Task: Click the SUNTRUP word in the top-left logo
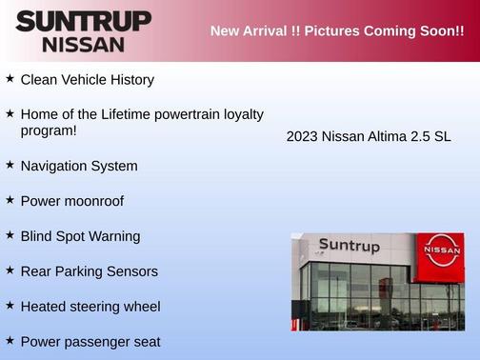click(x=83, y=21)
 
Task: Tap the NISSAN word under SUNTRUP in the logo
click(x=83, y=44)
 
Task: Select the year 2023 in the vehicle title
click(x=303, y=137)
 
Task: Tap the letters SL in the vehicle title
click(x=442, y=137)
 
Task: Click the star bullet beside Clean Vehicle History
click(x=10, y=79)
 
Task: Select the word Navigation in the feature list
click(x=55, y=166)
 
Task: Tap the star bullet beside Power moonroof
click(x=10, y=200)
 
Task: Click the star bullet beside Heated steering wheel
click(x=10, y=305)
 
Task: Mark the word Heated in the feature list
click(x=44, y=307)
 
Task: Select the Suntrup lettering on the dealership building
click(x=349, y=246)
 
